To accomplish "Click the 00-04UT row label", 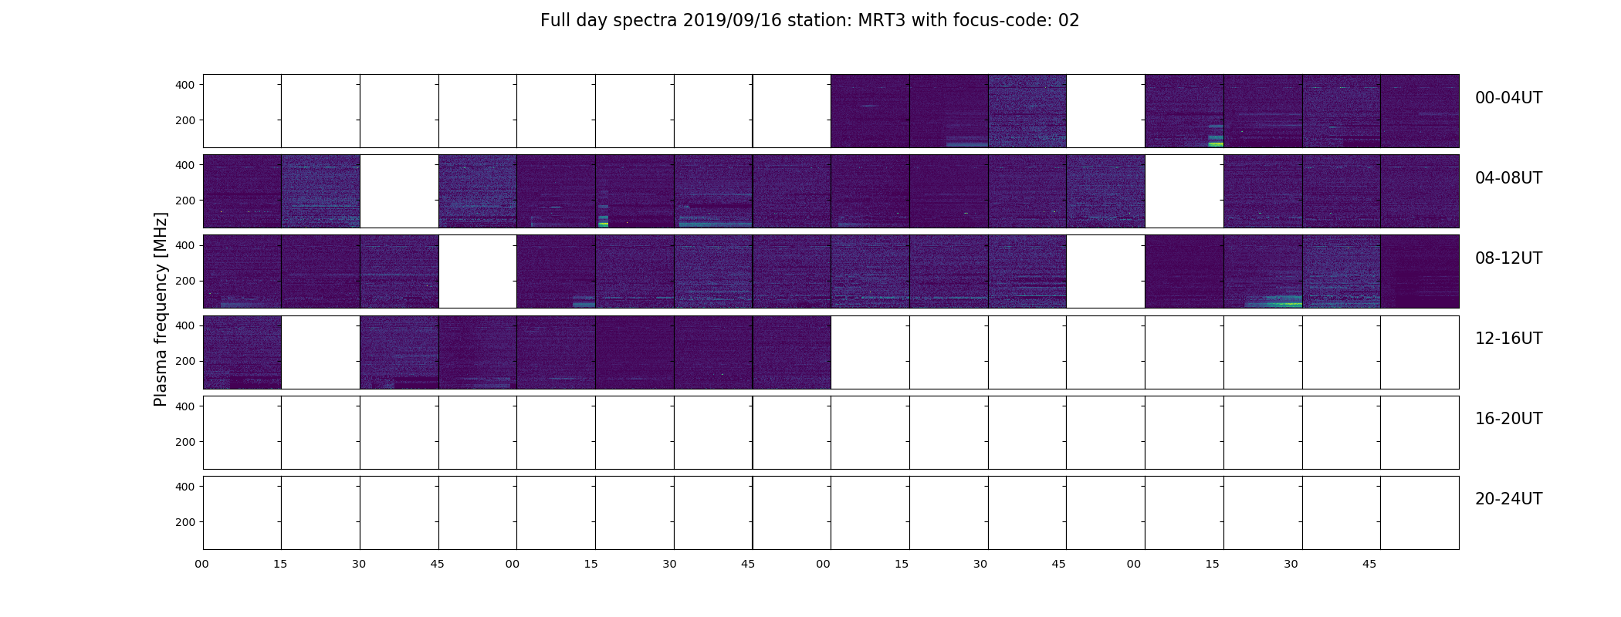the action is point(1508,98).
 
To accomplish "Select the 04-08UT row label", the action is point(1508,178).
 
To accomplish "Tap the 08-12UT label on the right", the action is point(1508,258).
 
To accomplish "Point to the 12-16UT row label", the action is point(1508,339).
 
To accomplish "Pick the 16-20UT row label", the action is point(1508,419).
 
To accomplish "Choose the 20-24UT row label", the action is point(1508,499).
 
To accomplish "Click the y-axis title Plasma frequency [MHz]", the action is point(161,309).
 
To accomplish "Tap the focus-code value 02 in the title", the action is point(1068,21).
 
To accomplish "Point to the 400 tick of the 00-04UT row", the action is point(184,85).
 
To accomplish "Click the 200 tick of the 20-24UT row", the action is point(184,522).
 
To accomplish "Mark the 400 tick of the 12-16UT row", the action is point(184,325).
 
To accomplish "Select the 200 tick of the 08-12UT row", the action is point(184,281).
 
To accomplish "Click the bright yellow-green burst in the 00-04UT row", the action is point(1216,143).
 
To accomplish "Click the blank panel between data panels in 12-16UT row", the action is point(320,352).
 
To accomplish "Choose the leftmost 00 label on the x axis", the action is point(202,564).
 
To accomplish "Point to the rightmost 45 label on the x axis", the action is point(1369,564).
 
